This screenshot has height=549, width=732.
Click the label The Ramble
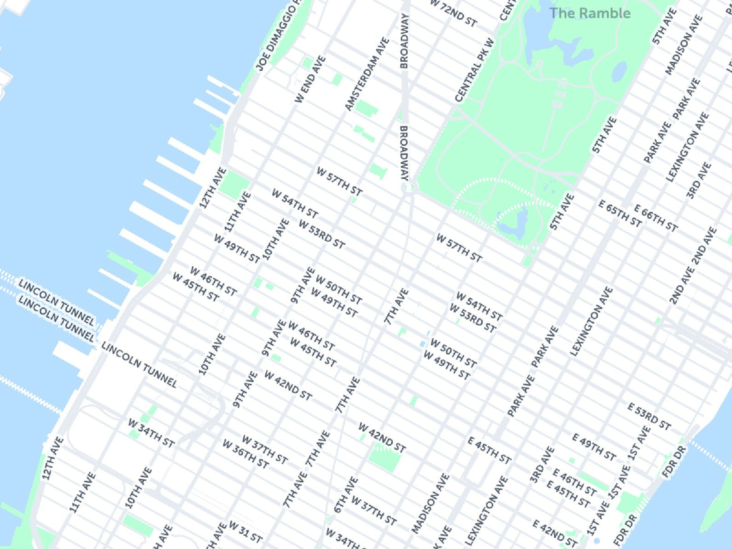590,13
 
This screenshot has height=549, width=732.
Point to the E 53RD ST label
649,416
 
